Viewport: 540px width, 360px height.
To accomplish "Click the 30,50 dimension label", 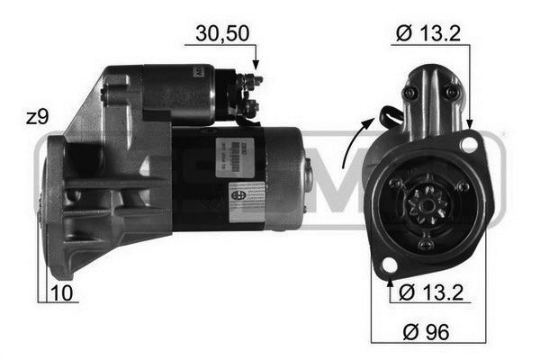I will point(222,35).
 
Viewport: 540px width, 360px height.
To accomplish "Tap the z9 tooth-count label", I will point(37,117).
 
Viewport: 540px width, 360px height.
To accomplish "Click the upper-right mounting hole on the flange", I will point(468,143).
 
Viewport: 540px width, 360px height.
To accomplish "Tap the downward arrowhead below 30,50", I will point(256,64).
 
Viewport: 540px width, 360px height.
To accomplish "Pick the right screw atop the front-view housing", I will point(452,92).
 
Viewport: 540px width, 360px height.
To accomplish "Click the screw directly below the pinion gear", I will point(426,244).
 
